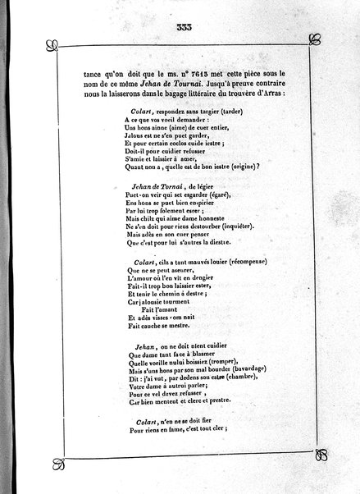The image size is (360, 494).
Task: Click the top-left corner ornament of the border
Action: (51, 43)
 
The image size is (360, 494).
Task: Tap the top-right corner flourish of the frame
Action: (312, 43)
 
